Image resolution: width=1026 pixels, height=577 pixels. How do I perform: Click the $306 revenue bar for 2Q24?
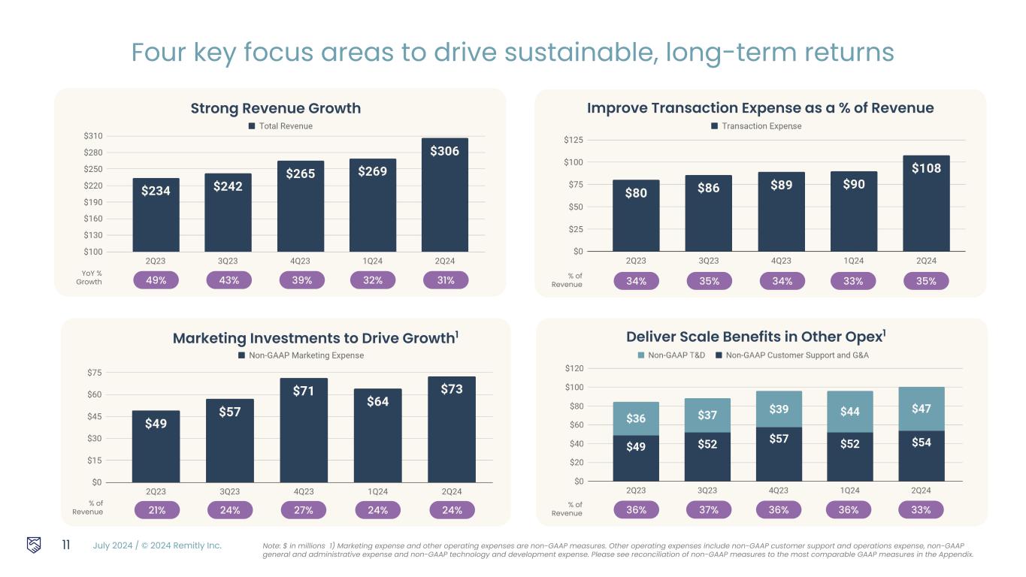pos(444,195)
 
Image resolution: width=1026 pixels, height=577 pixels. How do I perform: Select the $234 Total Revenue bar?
pos(156,215)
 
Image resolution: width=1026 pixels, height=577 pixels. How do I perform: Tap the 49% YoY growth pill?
pos(156,280)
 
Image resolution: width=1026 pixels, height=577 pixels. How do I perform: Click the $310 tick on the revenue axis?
pos(93,136)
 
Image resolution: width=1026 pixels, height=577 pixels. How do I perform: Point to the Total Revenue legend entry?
pos(280,126)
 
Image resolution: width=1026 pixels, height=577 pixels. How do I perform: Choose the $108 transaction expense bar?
pos(926,203)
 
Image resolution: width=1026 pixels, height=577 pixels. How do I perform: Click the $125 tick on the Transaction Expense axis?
pos(573,140)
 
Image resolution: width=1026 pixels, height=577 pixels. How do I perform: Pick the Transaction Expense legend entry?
pos(756,126)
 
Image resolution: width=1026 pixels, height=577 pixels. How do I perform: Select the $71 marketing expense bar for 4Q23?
pos(304,430)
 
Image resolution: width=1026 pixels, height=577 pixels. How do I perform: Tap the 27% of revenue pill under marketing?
pos(304,510)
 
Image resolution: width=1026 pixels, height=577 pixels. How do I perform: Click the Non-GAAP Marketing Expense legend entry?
pos(301,355)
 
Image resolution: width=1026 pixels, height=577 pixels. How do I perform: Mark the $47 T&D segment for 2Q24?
pos(922,409)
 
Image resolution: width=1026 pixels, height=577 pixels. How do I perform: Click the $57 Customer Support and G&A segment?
pos(779,454)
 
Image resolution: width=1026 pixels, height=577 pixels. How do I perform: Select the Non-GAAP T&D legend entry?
pos(671,355)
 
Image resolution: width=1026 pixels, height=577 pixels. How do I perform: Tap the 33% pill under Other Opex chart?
pos(922,509)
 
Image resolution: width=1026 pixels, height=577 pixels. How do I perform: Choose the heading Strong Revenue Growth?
pos(275,108)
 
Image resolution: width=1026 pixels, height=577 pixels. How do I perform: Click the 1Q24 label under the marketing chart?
pos(378,491)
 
